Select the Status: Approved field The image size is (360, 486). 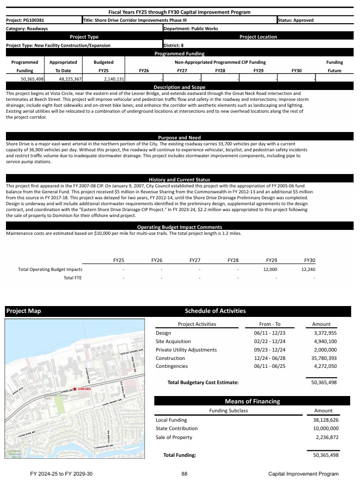point(295,20)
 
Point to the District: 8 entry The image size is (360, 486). point(174,45)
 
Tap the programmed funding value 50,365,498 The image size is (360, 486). point(33,79)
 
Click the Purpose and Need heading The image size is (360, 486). point(179,137)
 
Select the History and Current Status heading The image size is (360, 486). point(179,179)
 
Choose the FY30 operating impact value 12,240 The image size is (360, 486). point(308,269)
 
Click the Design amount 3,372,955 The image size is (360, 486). point(325,333)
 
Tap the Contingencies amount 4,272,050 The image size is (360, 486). point(325,366)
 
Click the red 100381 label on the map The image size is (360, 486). point(85,389)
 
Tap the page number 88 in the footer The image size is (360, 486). point(184,474)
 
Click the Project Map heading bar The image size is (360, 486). point(74,311)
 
